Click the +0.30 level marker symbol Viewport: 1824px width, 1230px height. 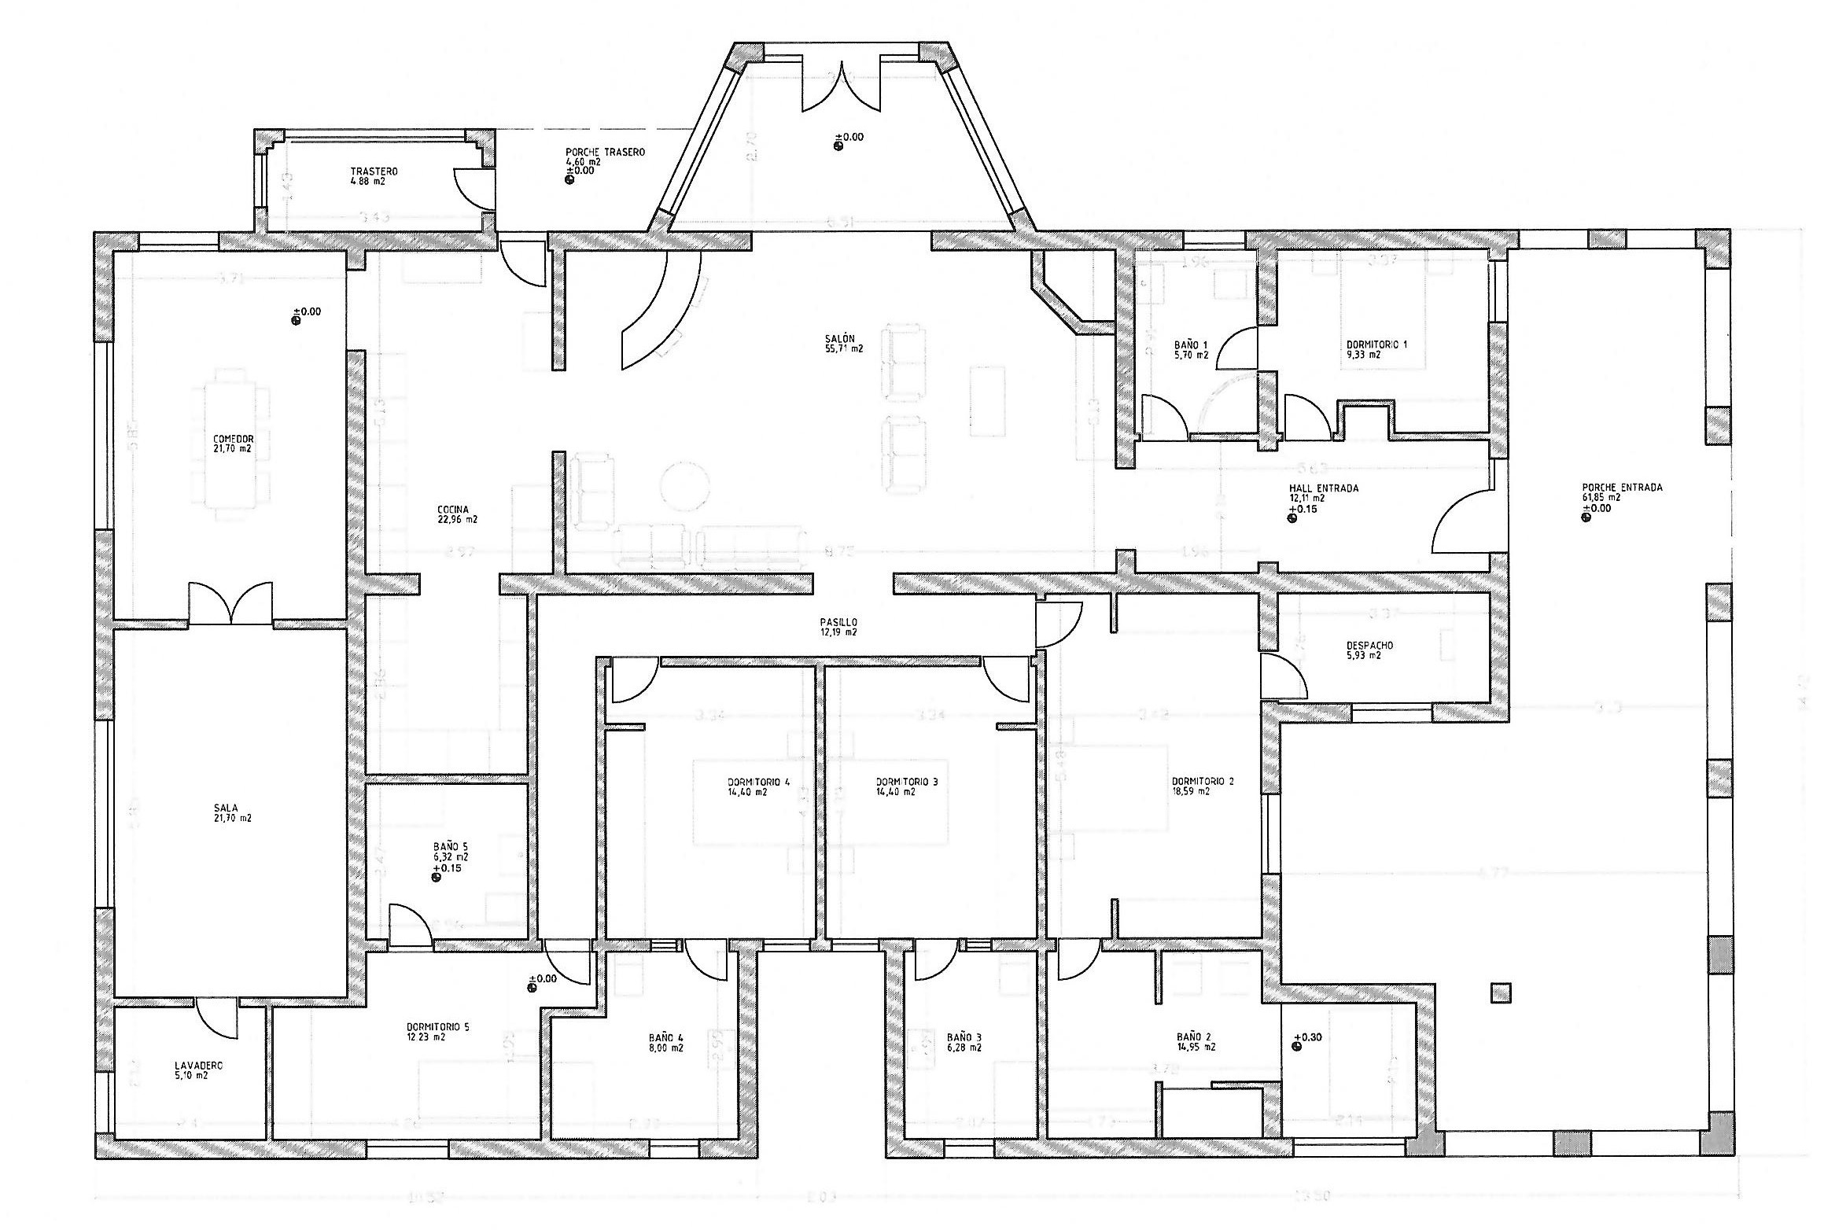(1296, 1047)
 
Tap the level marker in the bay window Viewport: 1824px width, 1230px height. (838, 143)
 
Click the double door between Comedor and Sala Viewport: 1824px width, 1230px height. (230, 604)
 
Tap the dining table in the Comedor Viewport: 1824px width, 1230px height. (230, 444)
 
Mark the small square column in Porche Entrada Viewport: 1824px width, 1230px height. (1501, 993)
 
